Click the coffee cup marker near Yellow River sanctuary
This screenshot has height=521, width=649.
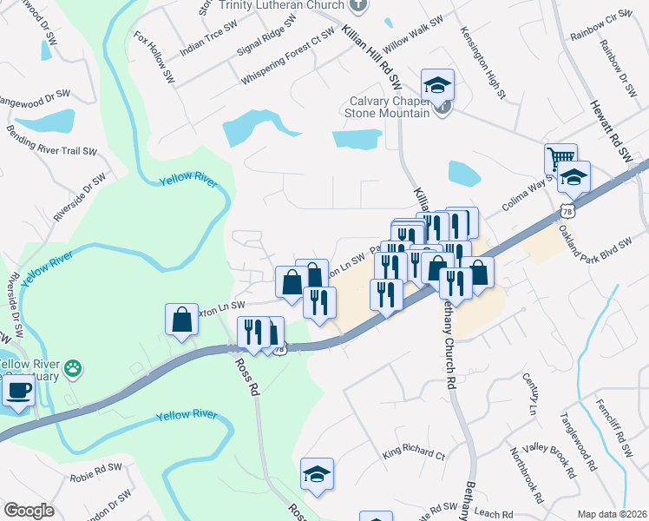click(19, 390)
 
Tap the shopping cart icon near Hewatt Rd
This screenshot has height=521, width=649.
click(560, 160)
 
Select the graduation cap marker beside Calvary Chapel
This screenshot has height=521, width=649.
click(437, 85)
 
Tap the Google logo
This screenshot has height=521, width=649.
click(29, 511)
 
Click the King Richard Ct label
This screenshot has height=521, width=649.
click(413, 453)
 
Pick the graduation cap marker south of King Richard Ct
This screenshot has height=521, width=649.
click(318, 474)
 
